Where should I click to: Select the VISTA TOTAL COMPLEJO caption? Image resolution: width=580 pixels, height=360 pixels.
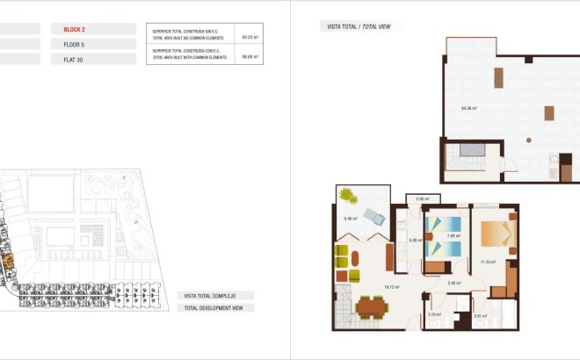coord(214,296)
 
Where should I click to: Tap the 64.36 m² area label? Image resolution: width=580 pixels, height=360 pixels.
coord(468,108)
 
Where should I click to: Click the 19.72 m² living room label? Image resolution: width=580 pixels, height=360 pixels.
coord(393,286)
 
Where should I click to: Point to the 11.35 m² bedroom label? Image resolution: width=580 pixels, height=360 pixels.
coord(489,262)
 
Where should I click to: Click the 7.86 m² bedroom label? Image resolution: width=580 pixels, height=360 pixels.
coord(453,235)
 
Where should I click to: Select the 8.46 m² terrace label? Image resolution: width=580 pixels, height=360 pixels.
coord(351,219)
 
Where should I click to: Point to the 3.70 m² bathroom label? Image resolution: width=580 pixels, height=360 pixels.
coord(433,314)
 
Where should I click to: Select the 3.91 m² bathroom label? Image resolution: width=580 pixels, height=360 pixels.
coord(480,316)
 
